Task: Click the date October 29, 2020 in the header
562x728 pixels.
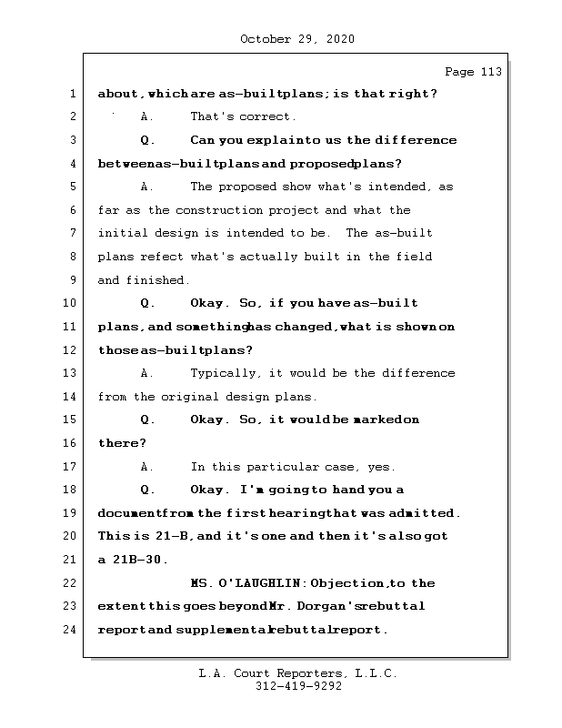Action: click(297, 39)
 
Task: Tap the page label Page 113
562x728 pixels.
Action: click(472, 72)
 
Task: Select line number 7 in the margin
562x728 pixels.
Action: click(72, 234)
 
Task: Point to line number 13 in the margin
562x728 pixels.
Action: click(72, 373)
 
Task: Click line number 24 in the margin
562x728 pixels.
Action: click(72, 630)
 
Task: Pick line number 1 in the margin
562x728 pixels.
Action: click(72, 94)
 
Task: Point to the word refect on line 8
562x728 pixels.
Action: click(161, 257)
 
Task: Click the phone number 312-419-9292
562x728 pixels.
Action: click(298, 687)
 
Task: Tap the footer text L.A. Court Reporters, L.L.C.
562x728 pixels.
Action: click(298, 674)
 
